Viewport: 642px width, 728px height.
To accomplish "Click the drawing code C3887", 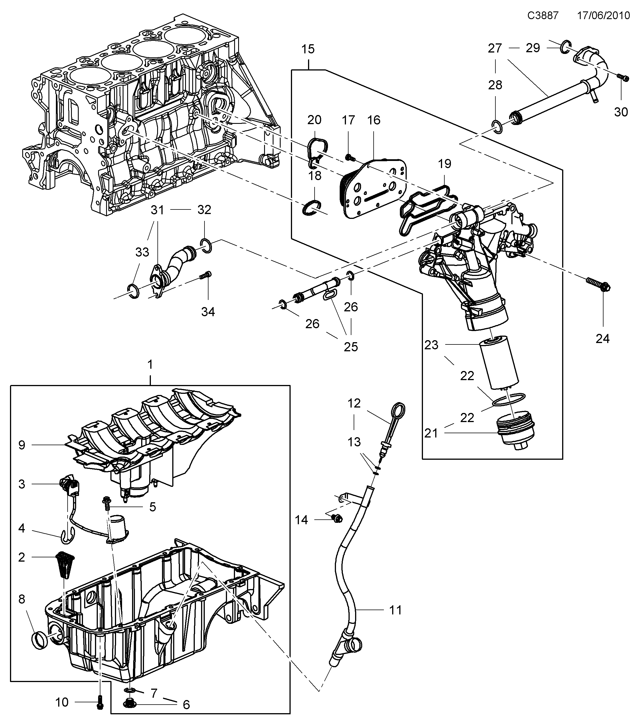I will pos(543,16).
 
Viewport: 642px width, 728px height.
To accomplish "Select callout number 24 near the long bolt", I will pos(602,339).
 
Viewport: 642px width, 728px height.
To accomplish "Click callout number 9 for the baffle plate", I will pos(22,445).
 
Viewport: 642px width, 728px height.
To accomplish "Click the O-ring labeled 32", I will pos(206,245).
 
